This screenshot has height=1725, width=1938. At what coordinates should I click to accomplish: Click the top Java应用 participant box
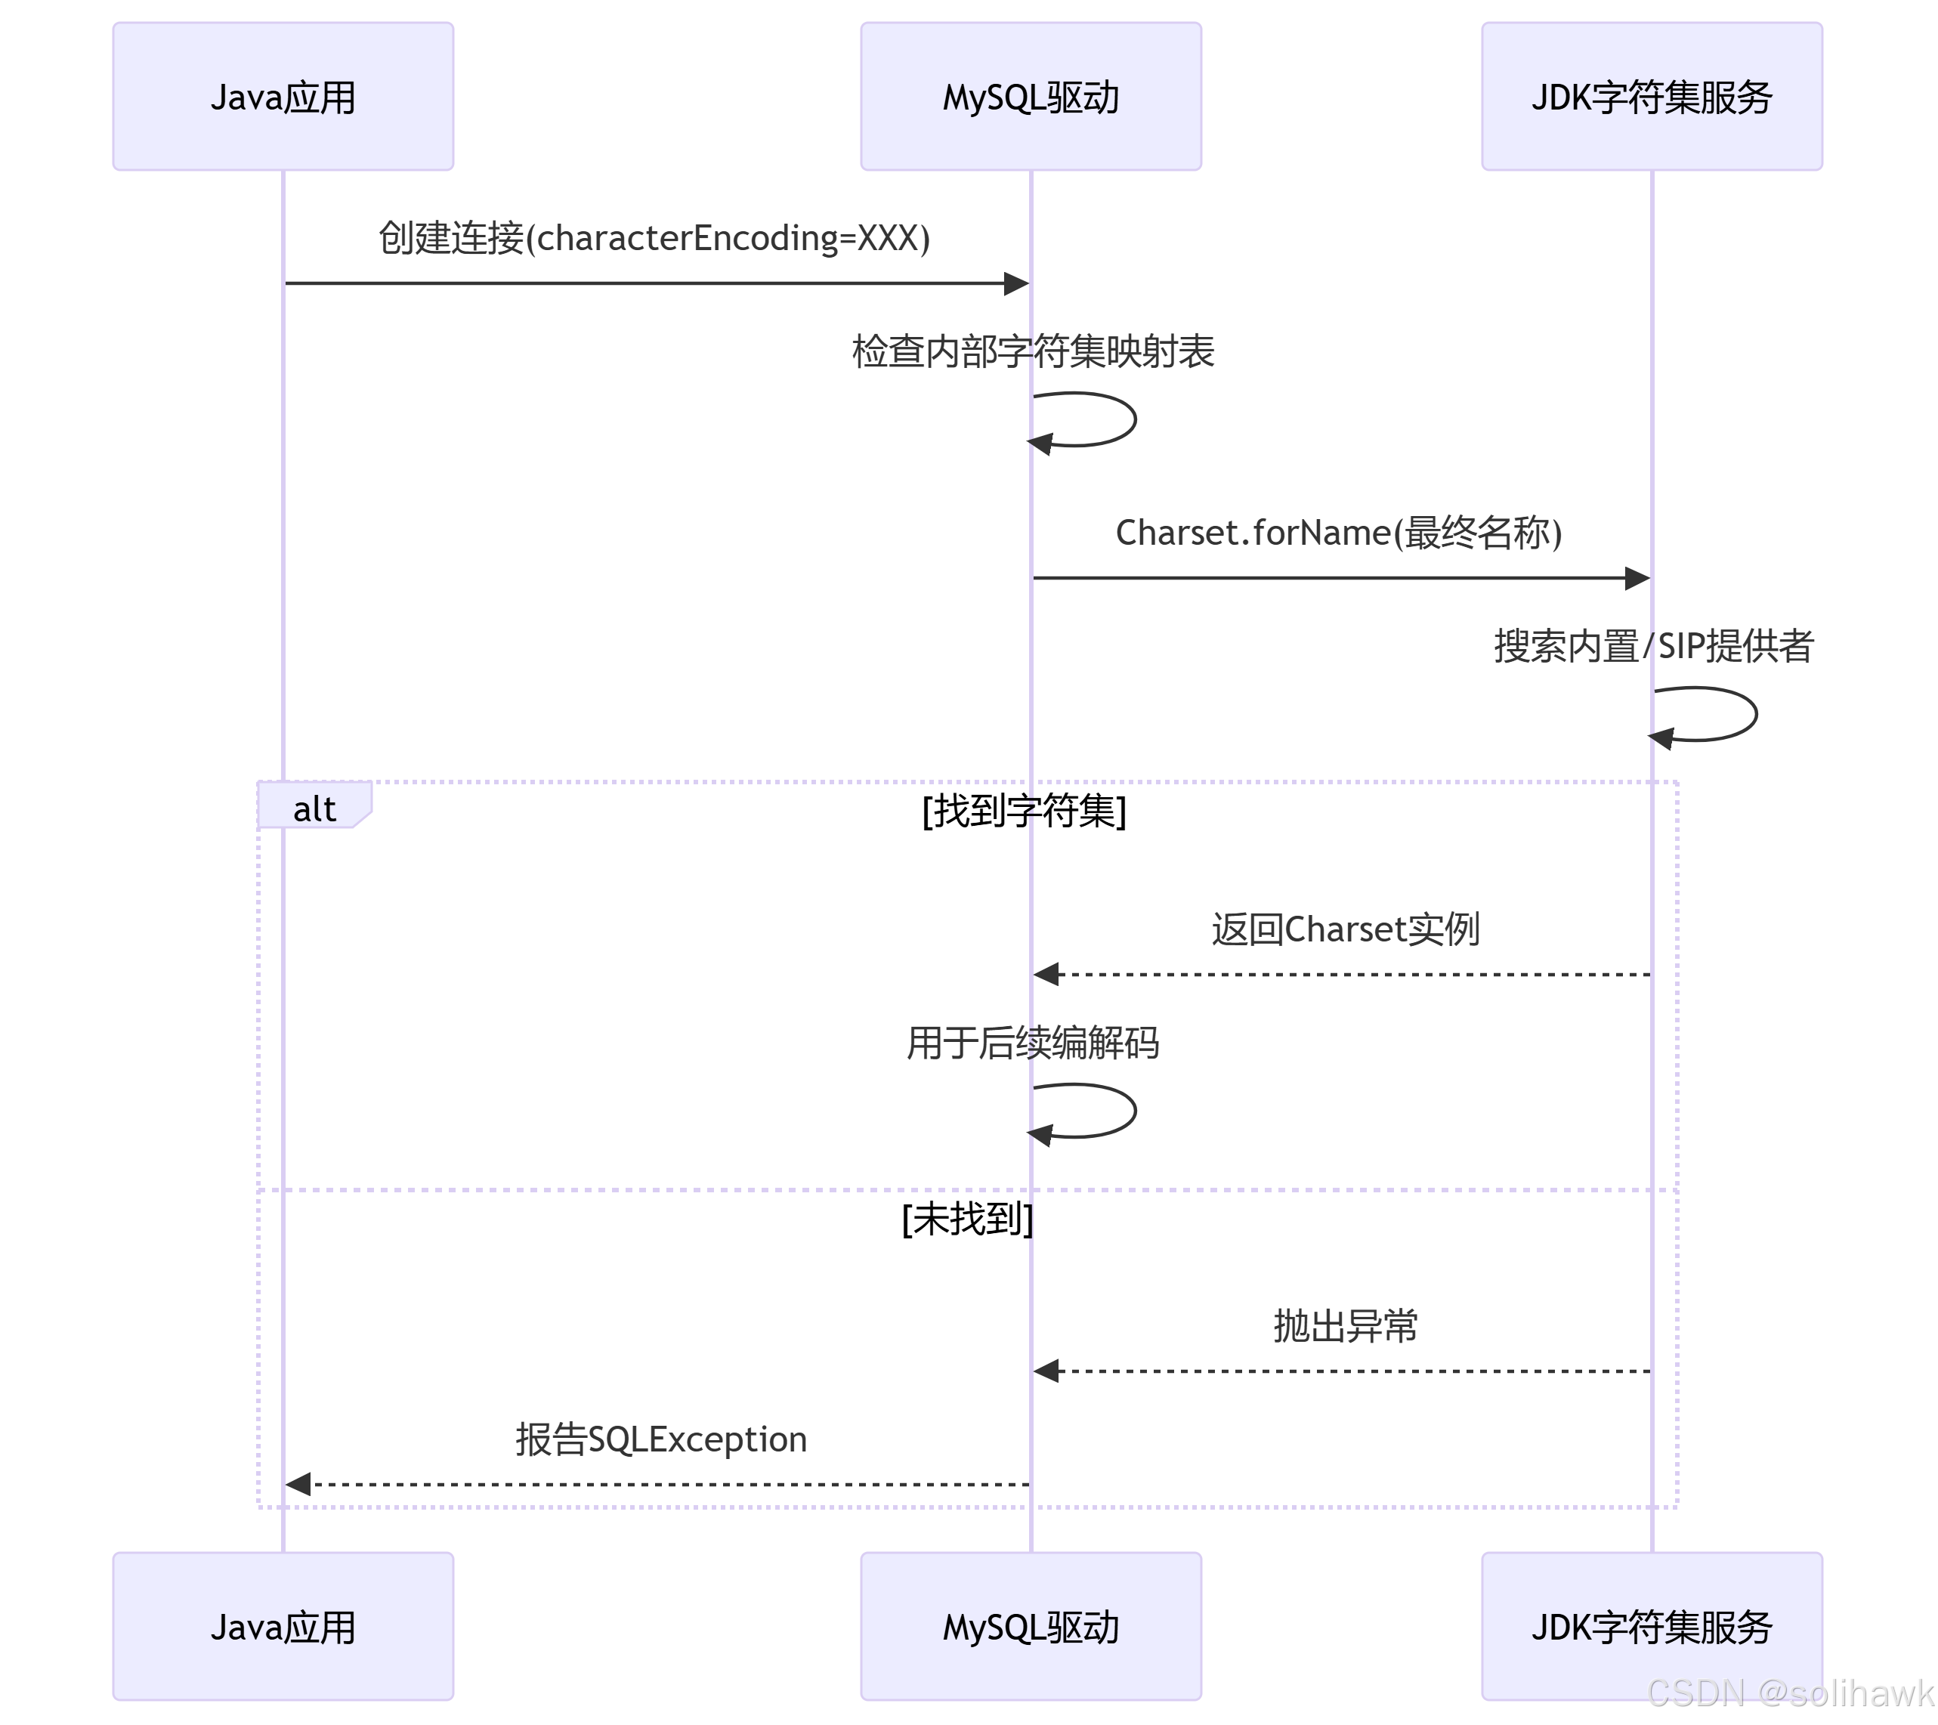283,97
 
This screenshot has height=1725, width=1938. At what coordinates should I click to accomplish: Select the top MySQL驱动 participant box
1031,97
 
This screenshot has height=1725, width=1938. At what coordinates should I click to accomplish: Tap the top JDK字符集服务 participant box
1651,97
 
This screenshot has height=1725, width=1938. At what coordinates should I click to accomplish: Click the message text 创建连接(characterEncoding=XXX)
654,237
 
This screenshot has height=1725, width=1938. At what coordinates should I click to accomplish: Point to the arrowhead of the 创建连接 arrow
1016,283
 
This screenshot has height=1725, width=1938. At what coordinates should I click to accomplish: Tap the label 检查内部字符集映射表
1033,351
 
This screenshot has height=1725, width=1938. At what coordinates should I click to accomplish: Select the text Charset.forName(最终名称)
1339,532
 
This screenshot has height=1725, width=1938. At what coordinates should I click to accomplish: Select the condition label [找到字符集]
1024,811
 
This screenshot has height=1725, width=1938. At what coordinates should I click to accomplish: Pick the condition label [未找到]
967,1219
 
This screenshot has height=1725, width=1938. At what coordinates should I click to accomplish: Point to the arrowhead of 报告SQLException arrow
298,1483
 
